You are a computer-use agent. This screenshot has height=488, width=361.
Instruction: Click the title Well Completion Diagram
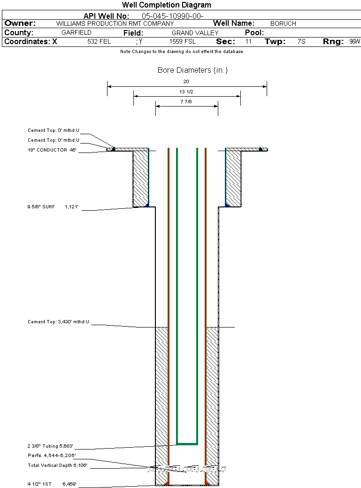coord(167,5)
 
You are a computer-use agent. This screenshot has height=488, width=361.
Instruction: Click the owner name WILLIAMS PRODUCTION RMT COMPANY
coord(115,23)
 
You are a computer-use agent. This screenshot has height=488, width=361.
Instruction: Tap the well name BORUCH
coord(283,23)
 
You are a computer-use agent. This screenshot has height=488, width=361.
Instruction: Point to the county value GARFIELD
coord(77,33)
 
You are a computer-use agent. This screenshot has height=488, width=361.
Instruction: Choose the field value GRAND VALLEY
coord(195,33)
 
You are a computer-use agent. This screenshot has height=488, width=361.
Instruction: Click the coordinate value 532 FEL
coord(99,42)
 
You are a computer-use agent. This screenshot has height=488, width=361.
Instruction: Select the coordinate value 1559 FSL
coord(183,42)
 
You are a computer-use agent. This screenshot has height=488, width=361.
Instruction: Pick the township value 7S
coord(301,42)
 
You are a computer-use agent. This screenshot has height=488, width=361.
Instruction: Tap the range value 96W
coord(354,42)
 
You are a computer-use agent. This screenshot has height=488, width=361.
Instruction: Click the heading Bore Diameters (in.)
coord(192,70)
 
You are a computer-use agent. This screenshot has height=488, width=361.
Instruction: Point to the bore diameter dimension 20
coord(186,81)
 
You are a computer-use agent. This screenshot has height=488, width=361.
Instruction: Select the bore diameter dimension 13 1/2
coord(186,91)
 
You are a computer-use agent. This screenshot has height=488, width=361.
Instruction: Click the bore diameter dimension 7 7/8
coord(186,102)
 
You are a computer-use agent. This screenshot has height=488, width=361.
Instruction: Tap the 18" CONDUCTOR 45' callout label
coord(52,150)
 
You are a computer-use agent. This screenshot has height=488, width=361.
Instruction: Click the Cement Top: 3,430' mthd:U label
coord(58,322)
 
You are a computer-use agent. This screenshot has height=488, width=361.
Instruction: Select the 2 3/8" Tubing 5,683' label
coord(50,446)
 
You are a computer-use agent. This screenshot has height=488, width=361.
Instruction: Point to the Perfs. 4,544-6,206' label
coord(51,456)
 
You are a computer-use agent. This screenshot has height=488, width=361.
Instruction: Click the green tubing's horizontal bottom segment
coord(187,443)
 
